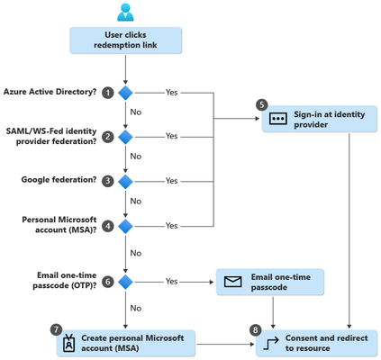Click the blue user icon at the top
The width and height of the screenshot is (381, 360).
click(125, 12)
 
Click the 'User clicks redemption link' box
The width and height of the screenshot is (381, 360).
click(125, 40)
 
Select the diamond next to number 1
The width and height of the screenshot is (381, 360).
click(125, 93)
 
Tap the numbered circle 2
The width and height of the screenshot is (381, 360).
click(108, 137)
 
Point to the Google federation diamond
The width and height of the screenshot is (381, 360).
click(125, 182)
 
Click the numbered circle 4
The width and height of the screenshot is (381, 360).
click(108, 226)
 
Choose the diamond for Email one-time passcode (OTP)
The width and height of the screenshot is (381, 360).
click(125, 282)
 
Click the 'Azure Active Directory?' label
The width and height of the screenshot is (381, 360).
click(50, 92)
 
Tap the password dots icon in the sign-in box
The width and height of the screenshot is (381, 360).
click(278, 119)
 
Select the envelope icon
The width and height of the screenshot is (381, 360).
click(232, 282)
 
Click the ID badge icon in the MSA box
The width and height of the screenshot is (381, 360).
click(69, 343)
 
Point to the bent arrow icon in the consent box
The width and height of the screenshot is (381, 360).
click(271, 344)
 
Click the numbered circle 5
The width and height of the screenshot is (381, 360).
click(262, 104)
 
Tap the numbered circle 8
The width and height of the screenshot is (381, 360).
click(255, 330)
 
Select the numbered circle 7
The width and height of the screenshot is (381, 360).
click(56, 329)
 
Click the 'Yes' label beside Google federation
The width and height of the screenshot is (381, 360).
click(171, 181)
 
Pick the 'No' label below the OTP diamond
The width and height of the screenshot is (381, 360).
click(136, 308)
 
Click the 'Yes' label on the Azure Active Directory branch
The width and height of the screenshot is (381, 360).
click(171, 93)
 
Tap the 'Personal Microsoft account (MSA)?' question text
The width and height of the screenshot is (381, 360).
click(59, 225)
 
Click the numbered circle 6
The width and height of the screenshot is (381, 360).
click(108, 282)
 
